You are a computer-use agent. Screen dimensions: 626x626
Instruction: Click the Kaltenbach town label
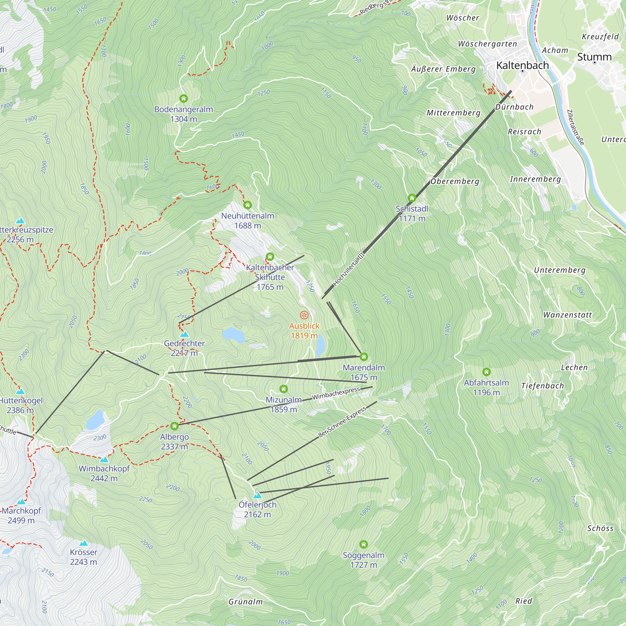pos(522,65)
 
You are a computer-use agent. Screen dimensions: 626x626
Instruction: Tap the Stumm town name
pos(594,57)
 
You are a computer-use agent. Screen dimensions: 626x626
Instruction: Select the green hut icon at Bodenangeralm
pos(183,98)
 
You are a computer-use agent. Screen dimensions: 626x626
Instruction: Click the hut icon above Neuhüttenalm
pos(248,205)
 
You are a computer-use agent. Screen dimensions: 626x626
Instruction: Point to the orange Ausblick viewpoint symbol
pos(304,315)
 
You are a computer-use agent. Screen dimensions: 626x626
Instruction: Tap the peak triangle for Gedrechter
pos(184,334)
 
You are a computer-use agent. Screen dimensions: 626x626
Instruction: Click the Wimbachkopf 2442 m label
pos(104,473)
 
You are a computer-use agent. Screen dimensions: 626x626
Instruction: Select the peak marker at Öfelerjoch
pos(257,495)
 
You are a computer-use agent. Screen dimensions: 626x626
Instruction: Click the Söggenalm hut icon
pos(363,544)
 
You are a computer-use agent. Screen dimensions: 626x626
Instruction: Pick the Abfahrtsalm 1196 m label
pos(486,387)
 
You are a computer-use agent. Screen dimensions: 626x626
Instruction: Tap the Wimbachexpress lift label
pos(336,393)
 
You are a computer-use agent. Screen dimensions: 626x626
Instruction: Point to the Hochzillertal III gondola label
pos(349,269)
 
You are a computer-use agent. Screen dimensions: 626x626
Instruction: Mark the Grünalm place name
pos(245,602)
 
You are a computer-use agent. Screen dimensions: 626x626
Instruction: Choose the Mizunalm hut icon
pos(284,389)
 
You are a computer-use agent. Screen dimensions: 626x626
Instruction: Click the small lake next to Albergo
pos(95,420)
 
